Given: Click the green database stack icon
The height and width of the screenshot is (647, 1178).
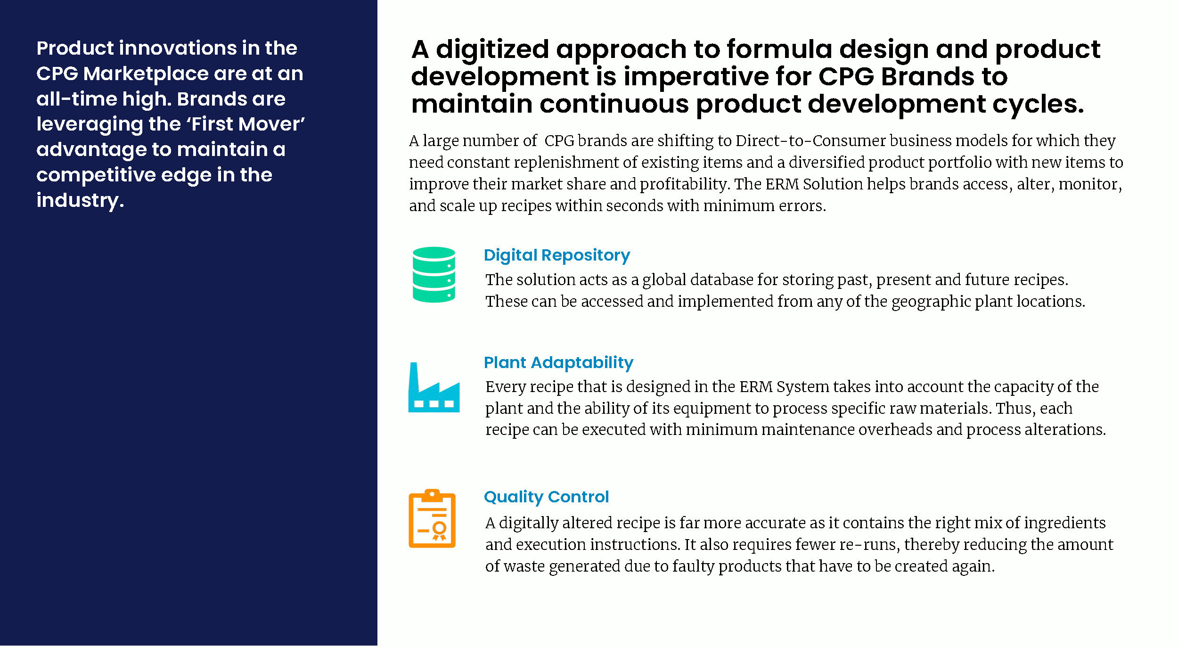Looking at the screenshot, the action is (x=434, y=274).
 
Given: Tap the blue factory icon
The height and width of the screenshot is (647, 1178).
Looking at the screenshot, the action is (x=434, y=387).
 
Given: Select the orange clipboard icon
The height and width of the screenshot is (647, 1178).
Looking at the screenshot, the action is (x=432, y=518).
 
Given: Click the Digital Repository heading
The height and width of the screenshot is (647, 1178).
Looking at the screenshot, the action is (x=556, y=255).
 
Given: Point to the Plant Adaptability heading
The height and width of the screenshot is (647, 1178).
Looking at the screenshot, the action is (x=558, y=362).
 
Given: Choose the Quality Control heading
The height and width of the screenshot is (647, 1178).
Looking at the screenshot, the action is (x=546, y=497).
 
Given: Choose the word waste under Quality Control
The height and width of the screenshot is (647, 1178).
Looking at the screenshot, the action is (x=524, y=566).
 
